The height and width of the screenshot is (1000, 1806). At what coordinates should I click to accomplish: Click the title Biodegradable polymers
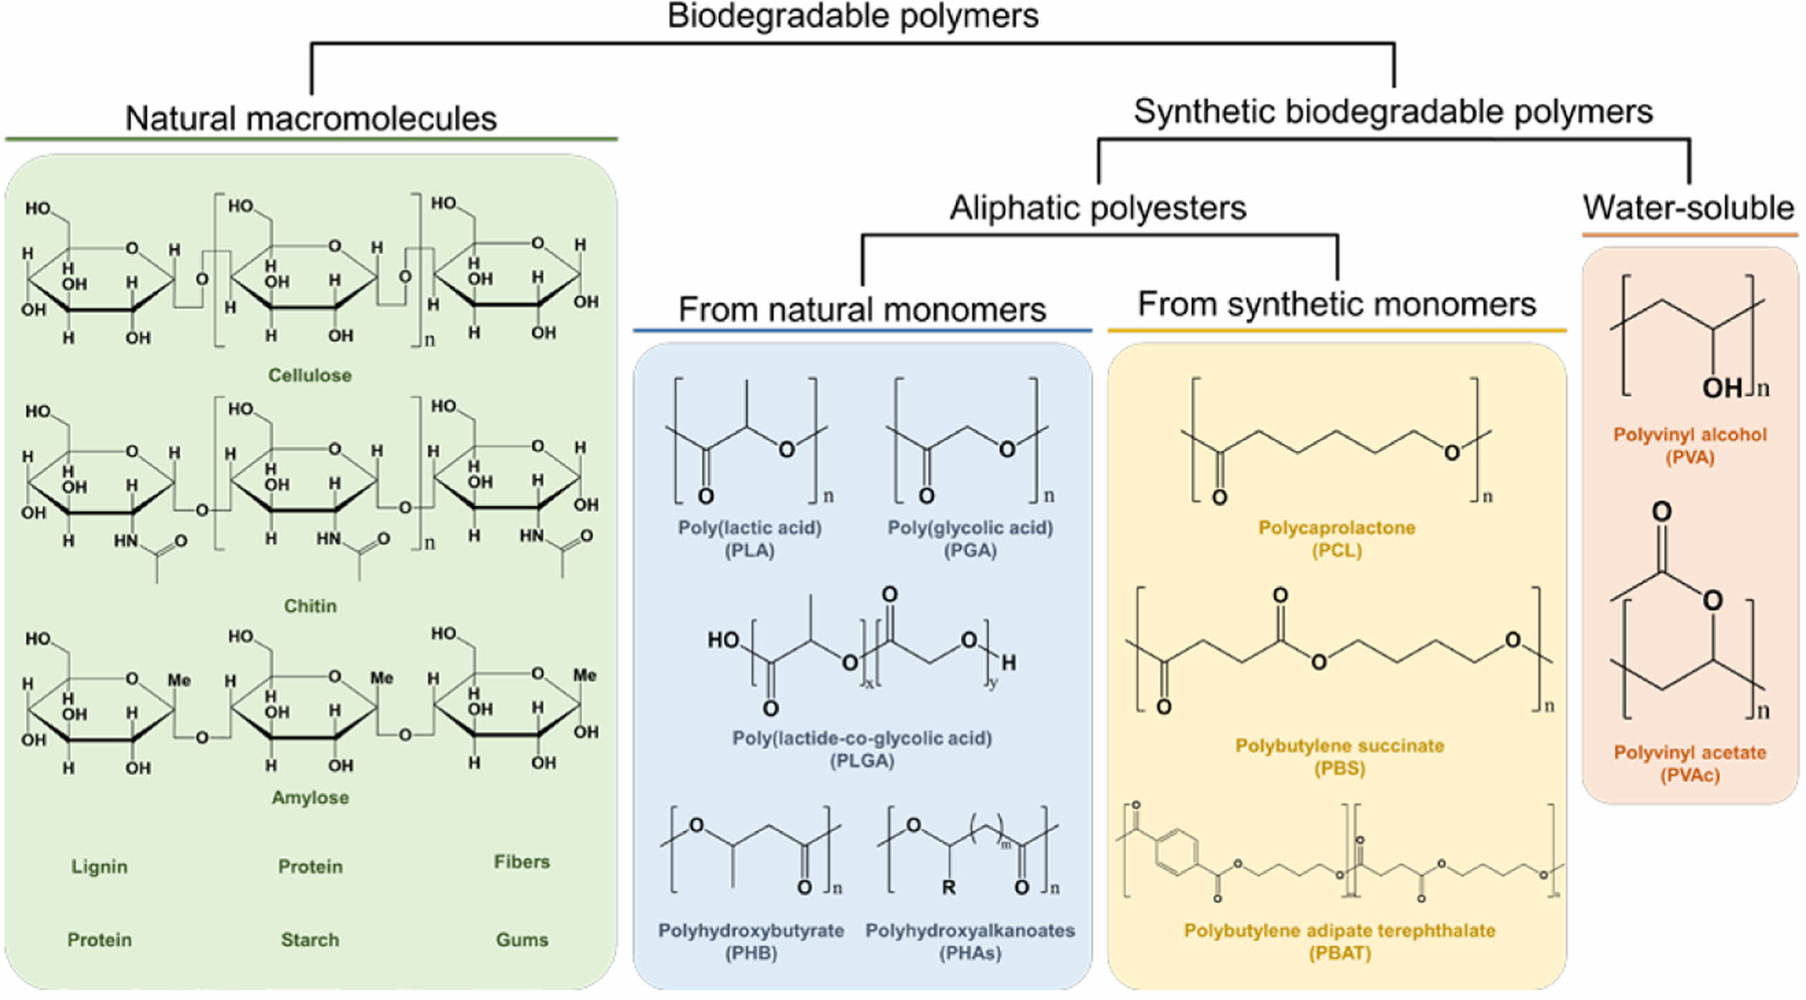[x=852, y=16]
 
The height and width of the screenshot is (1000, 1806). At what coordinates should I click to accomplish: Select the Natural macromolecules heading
[x=310, y=118]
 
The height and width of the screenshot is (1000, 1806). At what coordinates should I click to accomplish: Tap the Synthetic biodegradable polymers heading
[x=1392, y=112]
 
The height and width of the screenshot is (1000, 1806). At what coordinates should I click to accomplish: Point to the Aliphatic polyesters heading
[x=1097, y=208]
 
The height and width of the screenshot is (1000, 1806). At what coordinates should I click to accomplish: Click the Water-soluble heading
[x=1688, y=208]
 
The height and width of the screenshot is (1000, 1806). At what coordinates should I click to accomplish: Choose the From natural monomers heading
[x=862, y=310]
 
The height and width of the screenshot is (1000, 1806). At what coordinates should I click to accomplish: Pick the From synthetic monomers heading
[x=1337, y=304]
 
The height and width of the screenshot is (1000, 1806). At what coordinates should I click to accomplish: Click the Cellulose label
[x=310, y=375]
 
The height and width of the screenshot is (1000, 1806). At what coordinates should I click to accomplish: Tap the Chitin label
[x=310, y=606]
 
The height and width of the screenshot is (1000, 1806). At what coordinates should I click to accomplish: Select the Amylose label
[x=310, y=797]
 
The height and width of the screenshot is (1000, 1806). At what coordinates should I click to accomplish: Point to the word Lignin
[x=99, y=867]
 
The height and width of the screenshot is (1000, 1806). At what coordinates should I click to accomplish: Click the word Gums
[x=522, y=940]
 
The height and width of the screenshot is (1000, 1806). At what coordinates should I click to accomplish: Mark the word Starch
[x=310, y=940]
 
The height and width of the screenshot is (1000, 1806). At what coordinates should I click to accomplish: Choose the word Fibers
[x=522, y=862]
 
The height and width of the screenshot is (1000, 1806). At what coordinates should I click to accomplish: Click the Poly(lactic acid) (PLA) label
[x=750, y=538]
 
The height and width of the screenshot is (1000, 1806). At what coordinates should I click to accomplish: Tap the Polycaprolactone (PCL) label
[x=1337, y=538]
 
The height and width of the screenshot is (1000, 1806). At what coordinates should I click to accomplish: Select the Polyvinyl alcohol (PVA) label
[x=1689, y=445]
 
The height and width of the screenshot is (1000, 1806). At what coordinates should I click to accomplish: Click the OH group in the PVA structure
[x=1721, y=388]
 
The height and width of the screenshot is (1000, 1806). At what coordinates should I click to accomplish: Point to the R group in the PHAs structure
[x=948, y=887]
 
